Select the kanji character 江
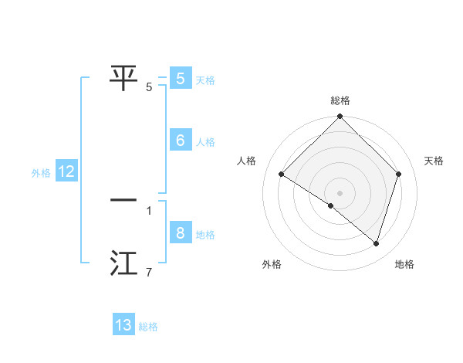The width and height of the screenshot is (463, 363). [124, 263]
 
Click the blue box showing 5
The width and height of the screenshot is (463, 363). [180, 79]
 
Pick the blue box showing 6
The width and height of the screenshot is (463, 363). [180, 141]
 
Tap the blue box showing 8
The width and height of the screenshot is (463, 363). [180, 233]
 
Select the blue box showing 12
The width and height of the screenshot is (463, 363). [66, 171]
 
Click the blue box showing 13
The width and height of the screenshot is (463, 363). [123, 325]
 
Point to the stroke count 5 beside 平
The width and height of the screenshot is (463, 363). [149, 87]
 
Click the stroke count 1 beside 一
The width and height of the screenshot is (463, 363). [149, 210]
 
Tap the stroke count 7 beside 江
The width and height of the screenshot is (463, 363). [149, 272]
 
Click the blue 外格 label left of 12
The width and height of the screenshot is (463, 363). [41, 173]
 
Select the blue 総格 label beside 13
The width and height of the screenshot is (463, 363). [148, 327]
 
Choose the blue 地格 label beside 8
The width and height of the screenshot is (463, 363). [205, 235]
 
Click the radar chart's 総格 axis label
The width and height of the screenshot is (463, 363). [340, 100]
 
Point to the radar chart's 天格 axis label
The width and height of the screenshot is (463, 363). [434, 161]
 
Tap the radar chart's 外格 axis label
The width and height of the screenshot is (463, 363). [272, 264]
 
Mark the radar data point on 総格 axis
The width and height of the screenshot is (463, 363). [340, 117]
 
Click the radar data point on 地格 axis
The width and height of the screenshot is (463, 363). [376, 243]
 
